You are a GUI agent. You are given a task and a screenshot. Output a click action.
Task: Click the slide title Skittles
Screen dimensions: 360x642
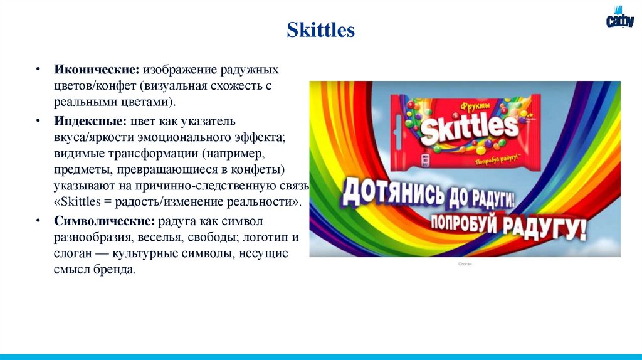click(320, 30)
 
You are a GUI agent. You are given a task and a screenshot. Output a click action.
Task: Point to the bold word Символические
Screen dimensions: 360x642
click(104, 221)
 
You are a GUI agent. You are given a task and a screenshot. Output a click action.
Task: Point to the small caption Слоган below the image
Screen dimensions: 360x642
click(465, 264)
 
